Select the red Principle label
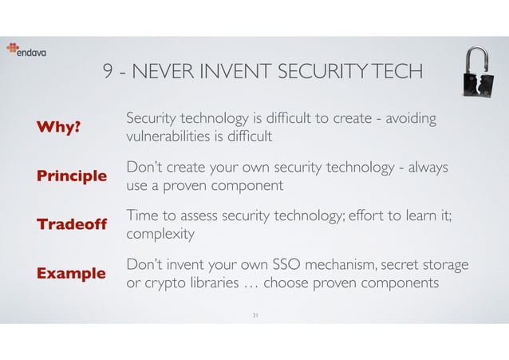pos(72,176)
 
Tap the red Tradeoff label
pos(72,224)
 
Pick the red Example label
pos(71,273)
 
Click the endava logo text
pos(33,53)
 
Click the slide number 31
pos(254,315)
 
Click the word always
pos(426,167)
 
